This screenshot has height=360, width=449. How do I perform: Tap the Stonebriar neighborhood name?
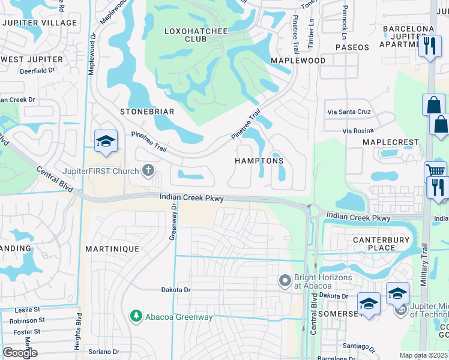pyautogui.click(x=147, y=112)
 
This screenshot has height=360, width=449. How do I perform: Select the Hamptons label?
pyautogui.click(x=259, y=161)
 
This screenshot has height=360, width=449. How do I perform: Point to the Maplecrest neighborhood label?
pyautogui.click(x=391, y=142)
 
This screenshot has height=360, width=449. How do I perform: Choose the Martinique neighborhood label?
pyautogui.click(x=112, y=248)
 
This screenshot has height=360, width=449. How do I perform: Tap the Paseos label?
pyautogui.click(x=352, y=47)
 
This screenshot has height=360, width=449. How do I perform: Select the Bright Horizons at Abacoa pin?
pyautogui.click(x=286, y=280)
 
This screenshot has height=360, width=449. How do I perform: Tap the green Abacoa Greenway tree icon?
pyautogui.click(x=136, y=316)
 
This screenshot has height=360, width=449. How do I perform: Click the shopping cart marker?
pyautogui.click(x=435, y=170)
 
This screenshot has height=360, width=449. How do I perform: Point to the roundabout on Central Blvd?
pyautogui.click(x=312, y=209)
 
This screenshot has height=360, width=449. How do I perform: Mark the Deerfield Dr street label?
pyautogui.click(x=37, y=70)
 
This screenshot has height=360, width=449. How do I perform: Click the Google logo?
pyautogui.click(x=20, y=352)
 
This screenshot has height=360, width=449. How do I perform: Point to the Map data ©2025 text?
pyautogui.click(x=423, y=355)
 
